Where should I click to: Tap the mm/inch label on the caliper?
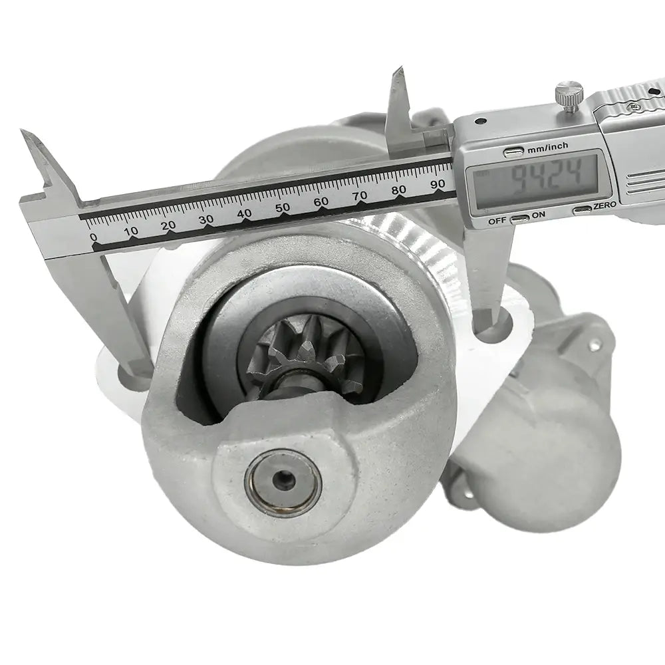pos(547,147)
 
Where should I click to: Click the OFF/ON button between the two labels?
pos(519,219)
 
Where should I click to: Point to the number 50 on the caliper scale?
pos(283,207)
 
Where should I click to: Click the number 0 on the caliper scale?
pos(94,237)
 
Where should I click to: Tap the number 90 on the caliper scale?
pos(438,184)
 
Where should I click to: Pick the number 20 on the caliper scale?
pos(168,225)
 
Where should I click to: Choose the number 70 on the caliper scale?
pos(360,196)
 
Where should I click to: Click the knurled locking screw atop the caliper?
pos(569,96)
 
